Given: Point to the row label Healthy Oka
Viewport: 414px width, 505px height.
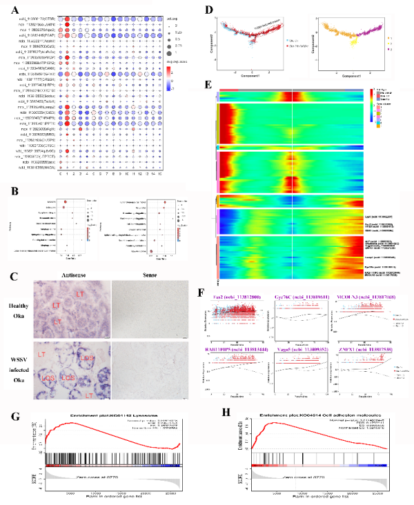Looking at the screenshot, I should [x=16, y=290].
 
